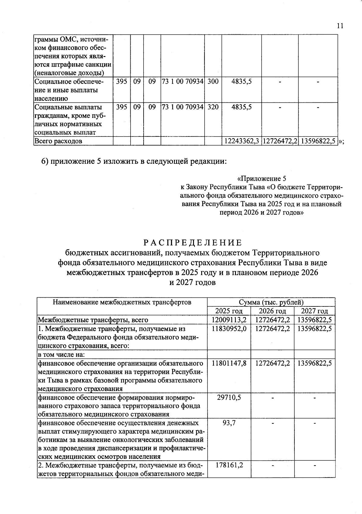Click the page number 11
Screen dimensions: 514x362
340,26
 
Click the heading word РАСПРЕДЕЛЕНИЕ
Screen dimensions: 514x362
192,243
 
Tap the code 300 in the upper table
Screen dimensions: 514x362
213,81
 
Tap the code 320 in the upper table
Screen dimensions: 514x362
213,107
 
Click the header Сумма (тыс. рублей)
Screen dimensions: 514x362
271,302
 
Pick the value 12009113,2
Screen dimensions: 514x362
229,320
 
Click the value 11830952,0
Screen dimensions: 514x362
229,328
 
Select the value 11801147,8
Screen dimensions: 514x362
229,363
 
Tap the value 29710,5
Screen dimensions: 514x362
229,397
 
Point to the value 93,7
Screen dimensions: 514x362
229,423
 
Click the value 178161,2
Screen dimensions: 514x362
229,465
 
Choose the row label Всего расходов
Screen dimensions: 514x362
58,141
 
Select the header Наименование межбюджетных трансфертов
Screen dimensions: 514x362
122,302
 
